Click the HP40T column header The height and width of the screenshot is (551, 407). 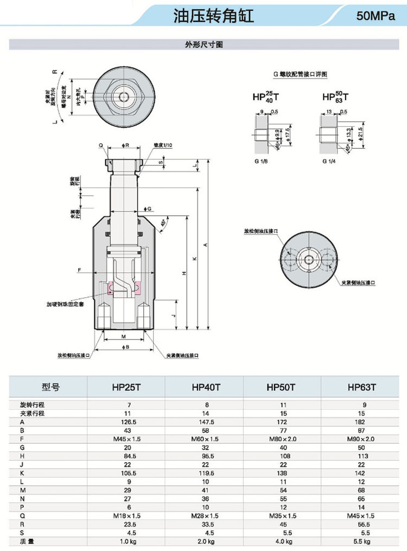pos(205,387)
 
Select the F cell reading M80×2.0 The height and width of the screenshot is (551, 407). pos(282,439)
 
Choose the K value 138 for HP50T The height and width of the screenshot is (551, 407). pos(282,473)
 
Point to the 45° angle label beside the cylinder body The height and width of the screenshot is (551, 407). pos(163,223)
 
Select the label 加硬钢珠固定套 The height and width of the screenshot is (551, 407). pos(65,305)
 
